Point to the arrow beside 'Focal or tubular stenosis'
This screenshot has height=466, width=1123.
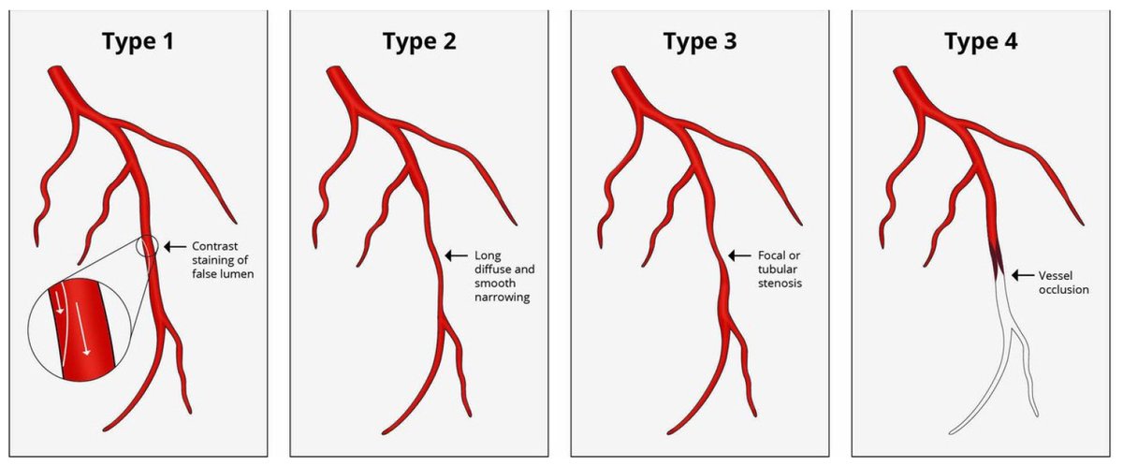click(739, 255)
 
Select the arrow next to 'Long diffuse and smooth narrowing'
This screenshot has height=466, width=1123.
click(457, 255)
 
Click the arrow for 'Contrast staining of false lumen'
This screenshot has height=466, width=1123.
click(174, 247)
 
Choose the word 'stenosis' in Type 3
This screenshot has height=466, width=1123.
click(776, 283)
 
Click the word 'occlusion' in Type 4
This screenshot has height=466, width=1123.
click(1062, 290)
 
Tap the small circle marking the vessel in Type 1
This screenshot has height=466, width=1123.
click(147, 247)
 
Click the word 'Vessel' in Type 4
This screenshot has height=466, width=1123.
click(1056, 276)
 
